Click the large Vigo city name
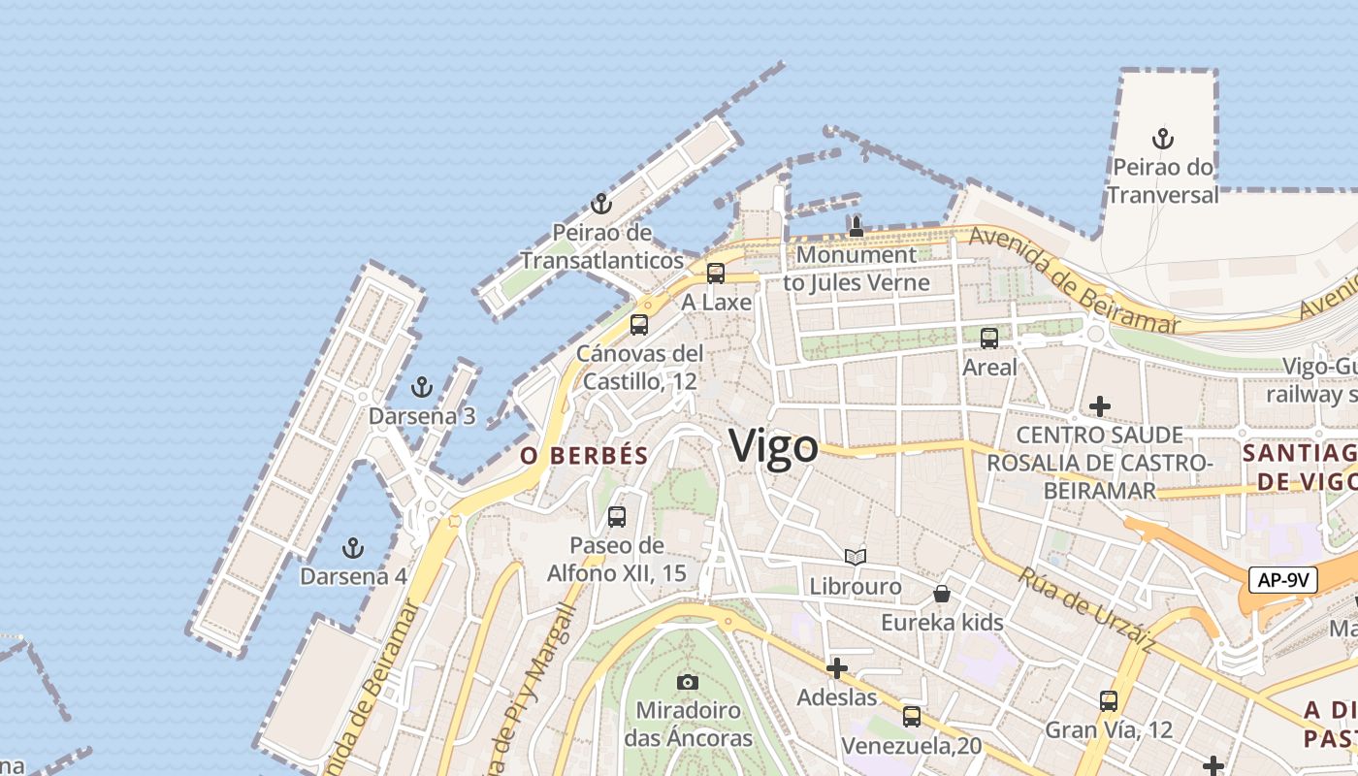(773, 447)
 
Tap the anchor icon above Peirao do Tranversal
(1162, 139)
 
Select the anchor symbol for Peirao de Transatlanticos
(601, 205)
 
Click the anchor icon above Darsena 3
(421, 388)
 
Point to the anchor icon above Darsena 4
(353, 548)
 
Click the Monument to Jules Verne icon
(856, 227)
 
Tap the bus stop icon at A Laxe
(716, 274)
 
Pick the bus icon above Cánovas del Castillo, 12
(638, 325)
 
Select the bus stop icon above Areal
(989, 339)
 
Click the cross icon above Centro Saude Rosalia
(1099, 405)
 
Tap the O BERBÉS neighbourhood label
(584, 456)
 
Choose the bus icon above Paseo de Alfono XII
(617, 517)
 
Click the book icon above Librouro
(855, 558)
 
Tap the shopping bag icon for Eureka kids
(941, 594)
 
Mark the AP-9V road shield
(1283, 580)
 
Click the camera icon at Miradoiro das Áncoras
(688, 682)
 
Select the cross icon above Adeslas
(836, 668)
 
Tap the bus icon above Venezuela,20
(911, 717)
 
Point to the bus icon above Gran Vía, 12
(1108, 700)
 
